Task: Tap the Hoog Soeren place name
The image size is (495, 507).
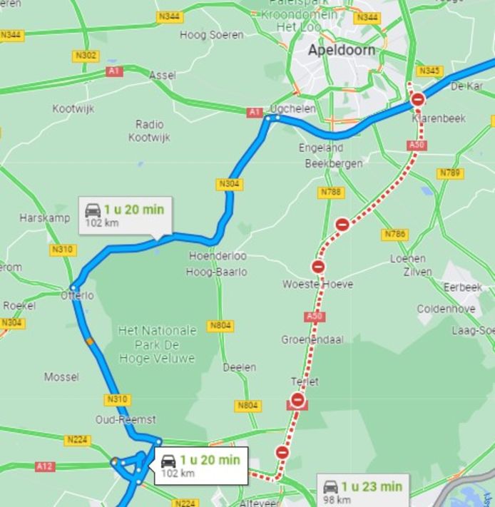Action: click(212, 35)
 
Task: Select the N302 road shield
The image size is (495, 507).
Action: click(86, 56)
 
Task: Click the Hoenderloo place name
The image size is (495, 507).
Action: click(218, 256)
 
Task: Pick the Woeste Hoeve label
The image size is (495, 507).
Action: click(317, 284)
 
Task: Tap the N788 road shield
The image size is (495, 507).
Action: click(331, 192)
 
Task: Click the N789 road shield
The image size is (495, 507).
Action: click(450, 173)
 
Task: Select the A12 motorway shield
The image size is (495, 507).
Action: click(44, 466)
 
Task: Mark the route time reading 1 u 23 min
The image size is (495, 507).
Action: click(371, 487)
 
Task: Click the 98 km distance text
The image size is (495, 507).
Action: click(337, 501)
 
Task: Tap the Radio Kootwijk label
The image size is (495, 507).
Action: click(149, 130)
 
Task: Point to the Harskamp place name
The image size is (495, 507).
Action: click(44, 217)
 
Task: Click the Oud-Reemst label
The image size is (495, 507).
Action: click(126, 419)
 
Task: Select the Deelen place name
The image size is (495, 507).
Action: click(239, 367)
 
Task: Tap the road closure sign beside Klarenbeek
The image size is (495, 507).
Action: click(419, 99)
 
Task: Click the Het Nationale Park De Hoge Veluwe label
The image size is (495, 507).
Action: click(157, 344)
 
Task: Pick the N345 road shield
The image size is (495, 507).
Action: click(430, 71)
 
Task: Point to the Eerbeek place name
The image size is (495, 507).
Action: click(462, 287)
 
